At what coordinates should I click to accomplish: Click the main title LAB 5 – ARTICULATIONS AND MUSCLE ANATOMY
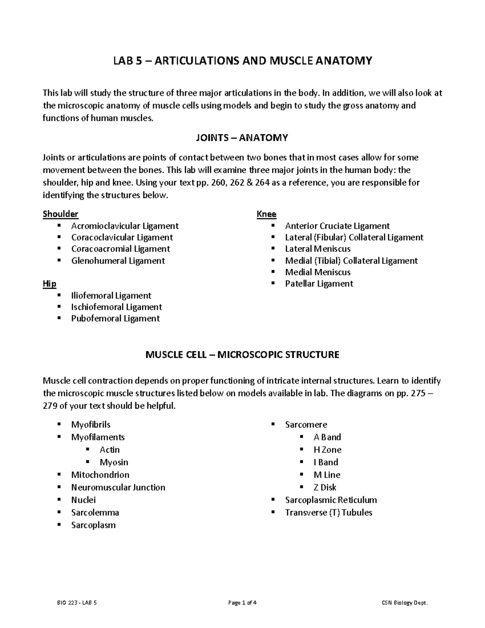pos(242,61)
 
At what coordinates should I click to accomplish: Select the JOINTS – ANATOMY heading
pos(242,138)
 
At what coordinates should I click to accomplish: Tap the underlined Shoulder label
pos(60,214)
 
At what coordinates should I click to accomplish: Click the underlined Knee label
pos(266,214)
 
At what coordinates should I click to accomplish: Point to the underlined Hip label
pos(49,283)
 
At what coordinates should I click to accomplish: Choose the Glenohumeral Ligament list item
pos(118,261)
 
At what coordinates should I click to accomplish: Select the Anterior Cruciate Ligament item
pos(337,226)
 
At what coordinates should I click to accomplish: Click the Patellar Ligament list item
pos(319,284)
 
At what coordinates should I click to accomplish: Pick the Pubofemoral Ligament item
pos(115,319)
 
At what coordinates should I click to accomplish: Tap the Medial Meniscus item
pos(318,272)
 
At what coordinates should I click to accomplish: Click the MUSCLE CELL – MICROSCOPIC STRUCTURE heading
pos(242,355)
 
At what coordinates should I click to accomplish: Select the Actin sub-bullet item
pos(110,450)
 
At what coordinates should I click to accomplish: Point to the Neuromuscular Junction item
pos(118,487)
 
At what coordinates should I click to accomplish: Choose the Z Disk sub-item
pos(325,487)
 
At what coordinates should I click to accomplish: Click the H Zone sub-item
pos(327,450)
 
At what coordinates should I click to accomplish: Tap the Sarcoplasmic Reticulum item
pos(331,500)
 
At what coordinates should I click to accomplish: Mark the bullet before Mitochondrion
pos(59,474)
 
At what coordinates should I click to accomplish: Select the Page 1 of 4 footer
pos(242,603)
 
